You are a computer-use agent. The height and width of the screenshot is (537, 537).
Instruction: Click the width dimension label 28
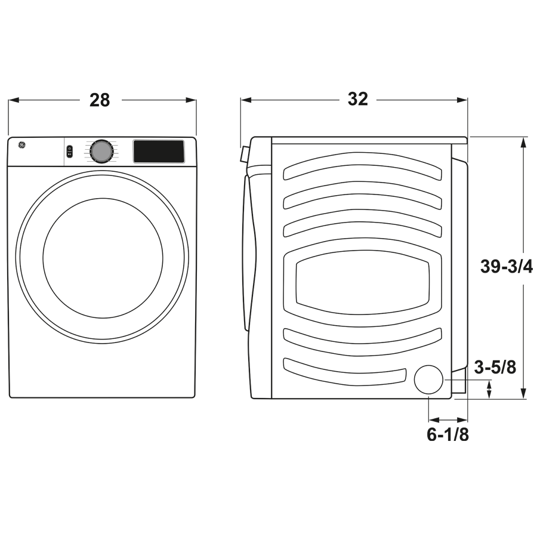[100, 100]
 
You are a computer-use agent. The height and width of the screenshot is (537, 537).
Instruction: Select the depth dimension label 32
[357, 99]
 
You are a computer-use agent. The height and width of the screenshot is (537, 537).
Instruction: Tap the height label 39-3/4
[507, 267]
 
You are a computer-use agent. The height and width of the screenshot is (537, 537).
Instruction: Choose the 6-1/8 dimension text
[447, 435]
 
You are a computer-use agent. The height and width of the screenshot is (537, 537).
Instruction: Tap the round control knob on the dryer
[101, 152]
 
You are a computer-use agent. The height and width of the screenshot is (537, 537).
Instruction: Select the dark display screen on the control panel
[158, 152]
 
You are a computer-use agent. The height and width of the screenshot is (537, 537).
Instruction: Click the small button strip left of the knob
[70, 152]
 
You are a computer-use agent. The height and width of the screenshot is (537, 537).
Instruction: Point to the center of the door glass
[103, 257]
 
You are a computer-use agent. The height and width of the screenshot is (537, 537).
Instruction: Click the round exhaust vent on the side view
[430, 380]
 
